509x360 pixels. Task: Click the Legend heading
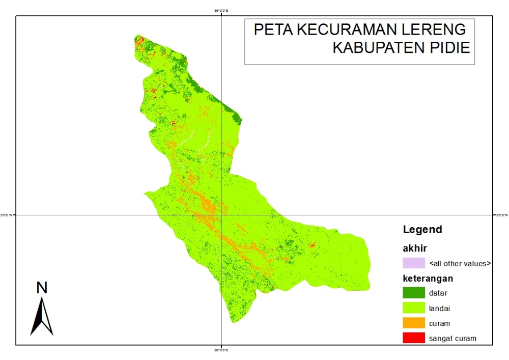coord(422,230)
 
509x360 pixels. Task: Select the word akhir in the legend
coord(415,248)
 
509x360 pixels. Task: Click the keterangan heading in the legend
coord(428,279)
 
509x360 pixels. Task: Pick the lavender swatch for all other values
coord(413,263)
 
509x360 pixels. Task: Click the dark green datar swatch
coord(413,293)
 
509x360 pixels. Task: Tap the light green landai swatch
coord(413,308)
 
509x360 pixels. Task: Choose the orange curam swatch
coord(413,323)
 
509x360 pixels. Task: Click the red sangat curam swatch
coord(413,338)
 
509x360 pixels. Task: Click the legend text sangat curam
coord(453,338)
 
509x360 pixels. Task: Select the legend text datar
coord(438,293)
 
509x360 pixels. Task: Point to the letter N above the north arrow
coord(42,288)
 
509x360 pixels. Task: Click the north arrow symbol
coord(42,317)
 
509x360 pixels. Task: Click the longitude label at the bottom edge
coord(221,350)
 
